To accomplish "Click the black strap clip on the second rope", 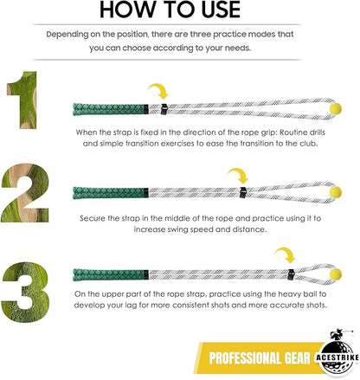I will [x=244, y=189].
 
